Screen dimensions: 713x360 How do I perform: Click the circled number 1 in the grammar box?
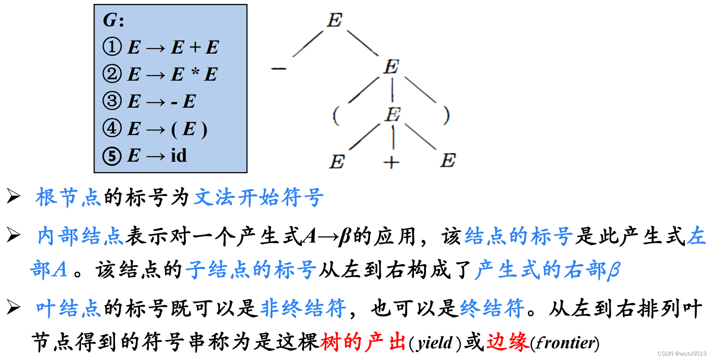pyautogui.click(x=112, y=47)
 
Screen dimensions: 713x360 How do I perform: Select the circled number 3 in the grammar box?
pyautogui.click(x=112, y=101)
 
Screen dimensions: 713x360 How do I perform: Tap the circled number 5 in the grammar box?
pyautogui.click(x=112, y=156)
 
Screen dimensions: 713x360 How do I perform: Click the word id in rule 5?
pyautogui.click(x=179, y=155)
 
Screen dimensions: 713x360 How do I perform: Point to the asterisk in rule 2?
pyautogui.click(x=195, y=73)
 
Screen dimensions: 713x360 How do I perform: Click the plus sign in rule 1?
pyautogui.click(x=195, y=47)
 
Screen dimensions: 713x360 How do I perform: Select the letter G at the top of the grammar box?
pyautogui.click(x=110, y=20)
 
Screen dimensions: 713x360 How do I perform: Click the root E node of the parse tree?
pyautogui.click(x=335, y=20)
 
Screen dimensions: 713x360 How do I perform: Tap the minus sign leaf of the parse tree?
pyautogui.click(x=279, y=68)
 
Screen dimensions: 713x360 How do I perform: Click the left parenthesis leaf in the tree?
pyautogui.click(x=335, y=115)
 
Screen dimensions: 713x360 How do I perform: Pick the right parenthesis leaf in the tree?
pyautogui.click(x=446, y=115)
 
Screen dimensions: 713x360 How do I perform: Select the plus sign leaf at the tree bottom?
pyautogui.click(x=391, y=163)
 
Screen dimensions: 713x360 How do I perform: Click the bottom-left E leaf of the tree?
pyautogui.click(x=337, y=162)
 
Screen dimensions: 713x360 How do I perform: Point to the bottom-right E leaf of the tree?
pyautogui.click(x=448, y=160)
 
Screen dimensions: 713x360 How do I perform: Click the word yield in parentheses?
pyautogui.click(x=435, y=343)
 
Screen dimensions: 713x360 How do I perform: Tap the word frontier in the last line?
pyautogui.click(x=565, y=343)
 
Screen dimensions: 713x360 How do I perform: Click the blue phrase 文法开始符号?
pyautogui.click(x=259, y=197)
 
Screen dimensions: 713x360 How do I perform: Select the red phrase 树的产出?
pyautogui.click(x=363, y=342)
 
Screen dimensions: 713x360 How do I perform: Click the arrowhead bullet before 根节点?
pyautogui.click(x=14, y=196)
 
